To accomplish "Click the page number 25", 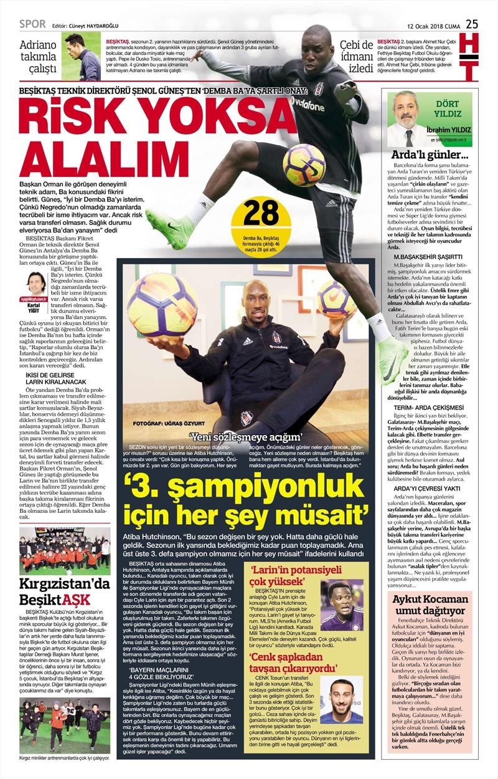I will pyautogui.click(x=472, y=24).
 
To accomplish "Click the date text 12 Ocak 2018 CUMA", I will pyautogui.click(x=433, y=26).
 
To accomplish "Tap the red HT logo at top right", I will pyautogui.click(x=471, y=59).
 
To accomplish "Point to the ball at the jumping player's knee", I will pyautogui.click(x=303, y=165).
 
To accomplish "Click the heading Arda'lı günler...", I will pyautogui.click(x=429, y=155).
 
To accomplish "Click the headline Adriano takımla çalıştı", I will pyautogui.click(x=38, y=57).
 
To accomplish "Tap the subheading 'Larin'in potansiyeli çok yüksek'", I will pyautogui.click(x=286, y=573).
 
